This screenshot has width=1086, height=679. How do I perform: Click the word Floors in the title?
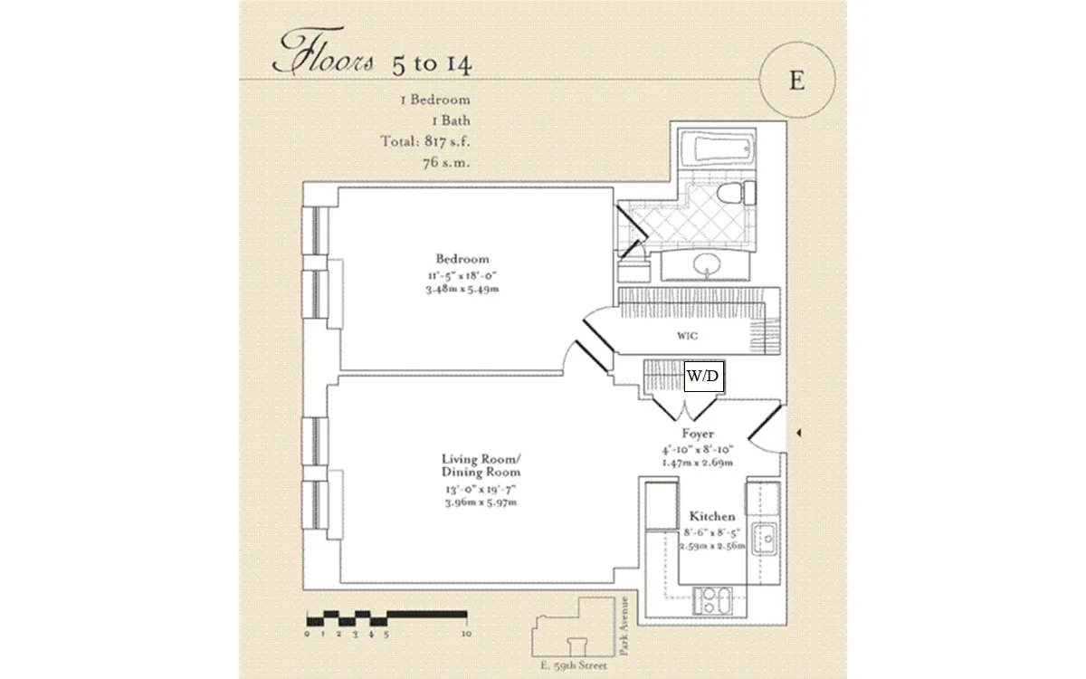(x=326, y=58)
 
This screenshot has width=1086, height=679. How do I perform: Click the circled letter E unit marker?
(x=796, y=80)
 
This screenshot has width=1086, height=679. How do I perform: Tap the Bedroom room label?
(x=462, y=259)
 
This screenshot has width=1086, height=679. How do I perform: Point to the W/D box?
(x=704, y=376)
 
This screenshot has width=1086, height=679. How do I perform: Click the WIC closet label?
(x=688, y=336)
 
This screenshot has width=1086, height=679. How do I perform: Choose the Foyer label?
(x=698, y=435)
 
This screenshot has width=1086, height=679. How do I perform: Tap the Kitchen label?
(x=712, y=516)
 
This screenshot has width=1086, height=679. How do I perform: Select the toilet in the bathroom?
(x=734, y=194)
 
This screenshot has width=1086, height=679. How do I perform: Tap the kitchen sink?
(x=765, y=539)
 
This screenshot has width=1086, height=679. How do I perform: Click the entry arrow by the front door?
(x=798, y=435)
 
